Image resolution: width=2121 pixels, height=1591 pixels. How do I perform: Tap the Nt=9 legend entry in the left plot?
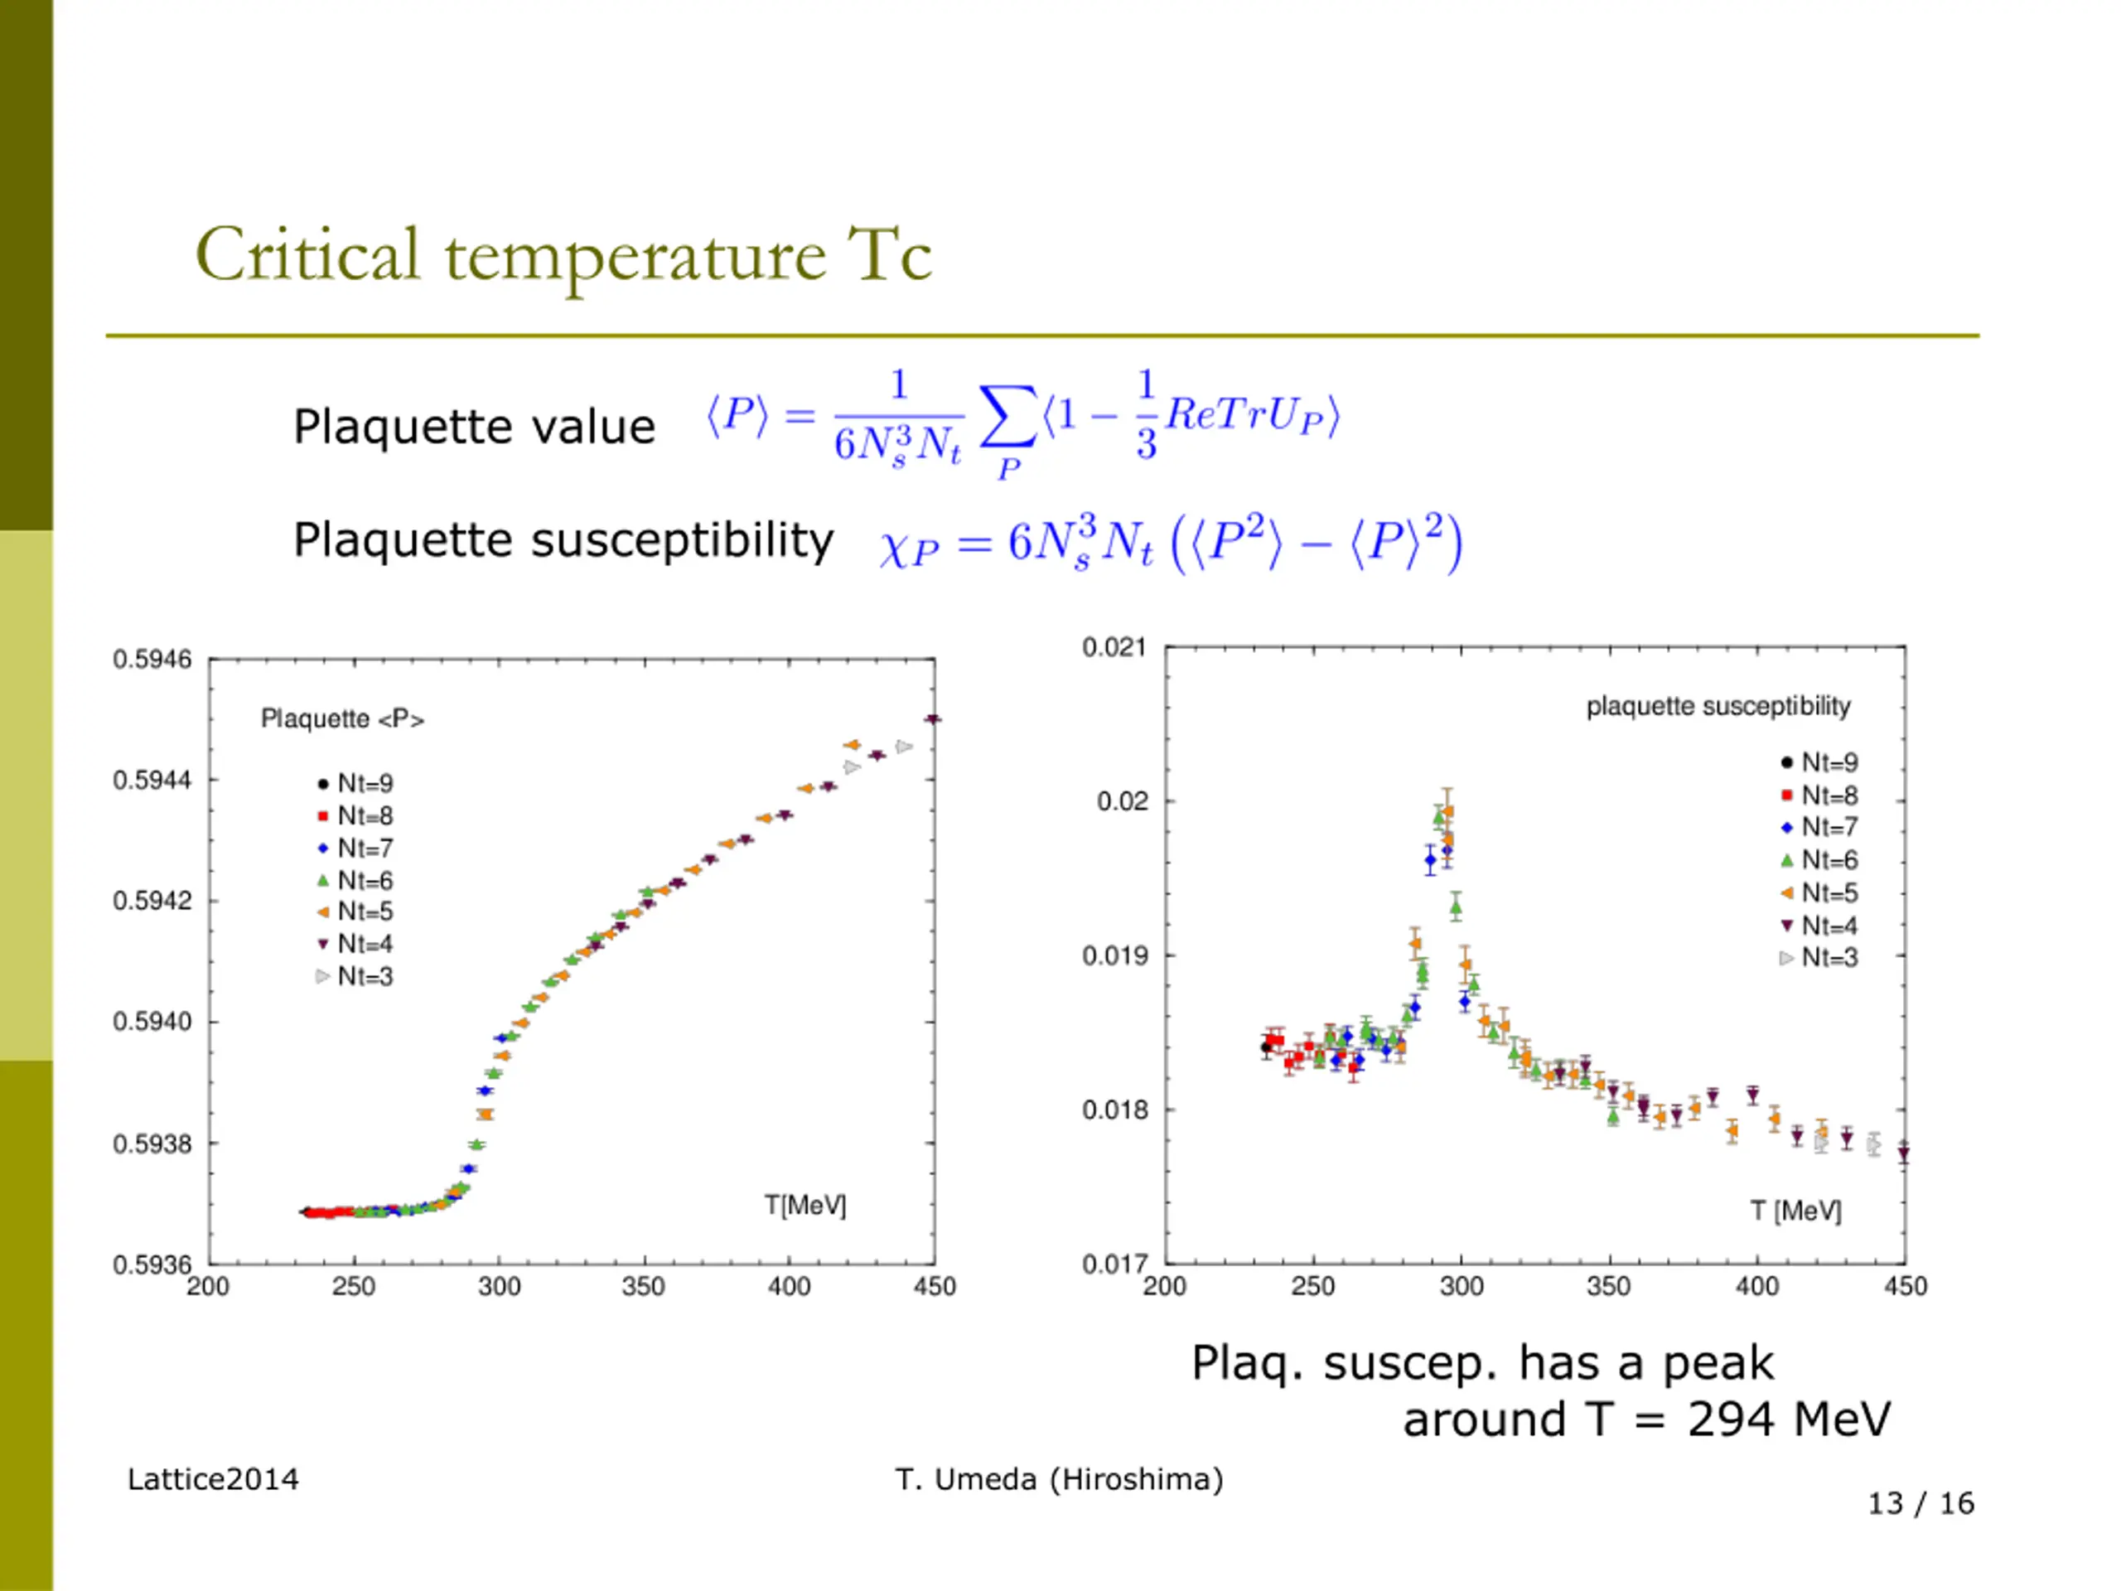pos(355,784)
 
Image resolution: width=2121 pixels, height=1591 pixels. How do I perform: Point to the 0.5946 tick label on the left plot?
pos(152,660)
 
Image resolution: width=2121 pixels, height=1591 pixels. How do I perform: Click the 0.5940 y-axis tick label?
pos(152,1023)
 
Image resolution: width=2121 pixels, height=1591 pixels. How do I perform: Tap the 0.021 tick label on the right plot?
pos(1114,647)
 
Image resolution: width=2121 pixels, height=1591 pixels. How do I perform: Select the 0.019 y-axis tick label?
pos(1114,956)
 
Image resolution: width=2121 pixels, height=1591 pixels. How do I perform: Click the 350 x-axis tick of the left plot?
pos(644,1287)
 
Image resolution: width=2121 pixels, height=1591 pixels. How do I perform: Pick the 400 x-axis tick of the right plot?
pos(1756,1287)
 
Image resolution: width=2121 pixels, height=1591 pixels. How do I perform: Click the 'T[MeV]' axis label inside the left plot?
pos(805,1206)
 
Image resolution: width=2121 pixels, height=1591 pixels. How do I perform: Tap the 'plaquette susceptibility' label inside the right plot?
pos(1718,707)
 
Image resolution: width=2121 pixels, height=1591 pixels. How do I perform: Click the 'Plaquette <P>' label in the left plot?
pos(342,719)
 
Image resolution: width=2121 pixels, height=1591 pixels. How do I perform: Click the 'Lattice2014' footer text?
pos(213,1480)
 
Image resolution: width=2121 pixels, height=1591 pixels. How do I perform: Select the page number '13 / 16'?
pos(1920,1503)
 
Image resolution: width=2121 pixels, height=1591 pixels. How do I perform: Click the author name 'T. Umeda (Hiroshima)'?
pos(1060,1480)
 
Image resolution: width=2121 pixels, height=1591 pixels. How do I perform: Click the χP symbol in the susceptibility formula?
pos(908,549)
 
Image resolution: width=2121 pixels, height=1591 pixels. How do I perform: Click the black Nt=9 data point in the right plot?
pos(1266,1047)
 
